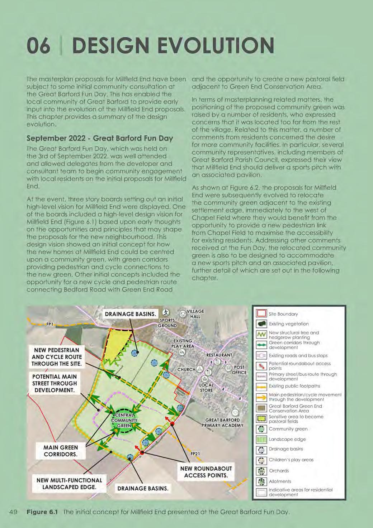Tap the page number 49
tap(14, 512)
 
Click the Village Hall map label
tap(195, 314)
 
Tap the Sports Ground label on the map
tap(167, 323)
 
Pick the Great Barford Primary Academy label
tap(222, 423)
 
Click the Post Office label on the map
tap(239, 370)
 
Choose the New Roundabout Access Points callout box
tap(206, 472)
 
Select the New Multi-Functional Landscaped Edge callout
tap(69, 484)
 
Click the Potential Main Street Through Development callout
tap(55, 383)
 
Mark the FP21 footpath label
tap(195, 454)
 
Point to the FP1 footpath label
tap(49, 325)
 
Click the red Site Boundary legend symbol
tap(261, 314)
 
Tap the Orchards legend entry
tap(279, 471)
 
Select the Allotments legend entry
tap(280, 481)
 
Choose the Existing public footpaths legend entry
tap(294, 386)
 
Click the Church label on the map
tap(187, 369)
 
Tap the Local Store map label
tap(206, 387)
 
